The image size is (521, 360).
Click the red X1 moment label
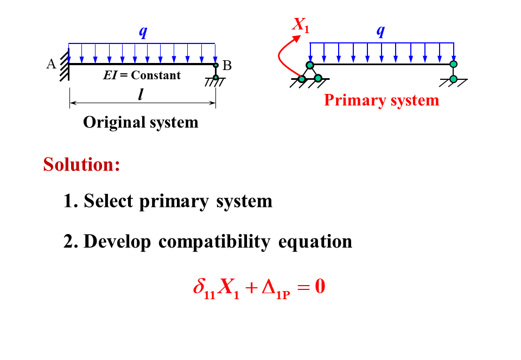point(301,25)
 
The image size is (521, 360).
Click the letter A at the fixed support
point(52,64)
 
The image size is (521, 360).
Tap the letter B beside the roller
point(227,66)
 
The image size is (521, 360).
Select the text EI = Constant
point(142,75)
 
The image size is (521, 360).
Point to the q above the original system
point(143,32)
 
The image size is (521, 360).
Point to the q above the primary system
point(380,31)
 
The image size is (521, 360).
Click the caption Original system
point(141,122)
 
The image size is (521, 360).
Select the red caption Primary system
point(382,100)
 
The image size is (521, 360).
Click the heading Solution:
point(81,164)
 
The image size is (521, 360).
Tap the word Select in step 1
point(109,201)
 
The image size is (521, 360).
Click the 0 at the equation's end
point(320,286)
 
